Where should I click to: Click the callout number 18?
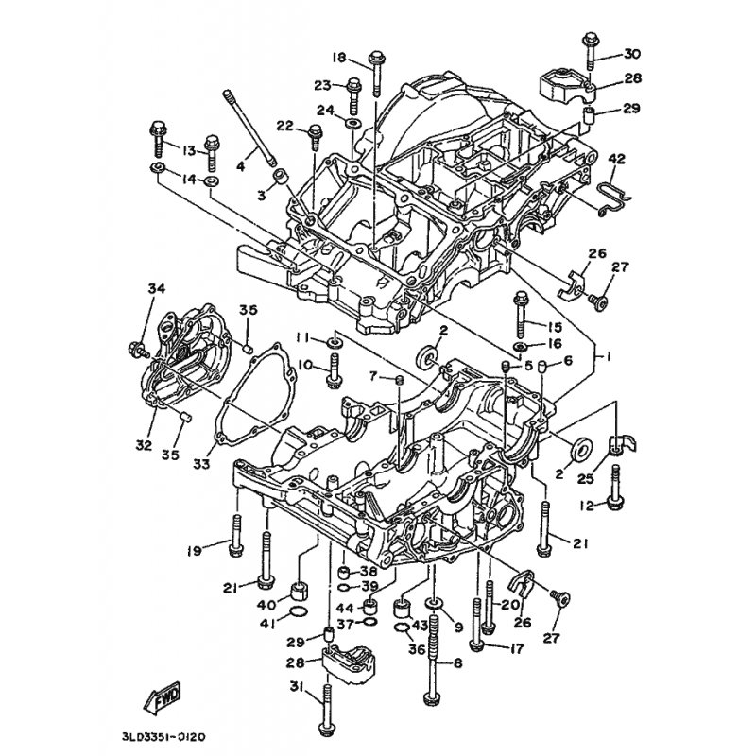pyautogui.click(x=339, y=55)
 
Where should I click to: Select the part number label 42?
pyautogui.click(x=617, y=158)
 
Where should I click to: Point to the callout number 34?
pyautogui.click(x=156, y=288)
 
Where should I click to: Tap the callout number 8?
pyautogui.click(x=457, y=663)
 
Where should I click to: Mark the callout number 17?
pyautogui.click(x=517, y=648)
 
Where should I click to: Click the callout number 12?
pyautogui.click(x=586, y=507)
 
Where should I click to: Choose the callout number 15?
pyautogui.click(x=553, y=326)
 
